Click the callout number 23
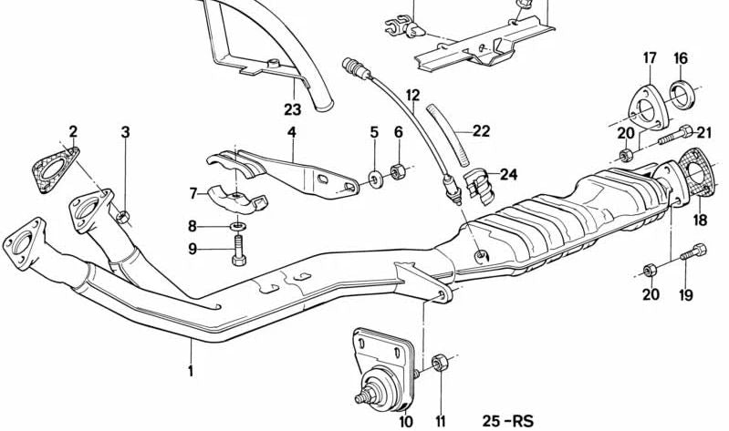tap(293, 109)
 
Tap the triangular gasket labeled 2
tap(55, 169)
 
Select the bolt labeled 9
tap(239, 250)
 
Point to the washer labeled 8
tap(238, 227)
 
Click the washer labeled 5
tap(375, 178)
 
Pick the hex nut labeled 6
tap(398, 172)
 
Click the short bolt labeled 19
tap(693, 252)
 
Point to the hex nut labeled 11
tap(440, 363)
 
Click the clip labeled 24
tap(479, 187)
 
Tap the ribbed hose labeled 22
tap(447, 135)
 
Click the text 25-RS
tap(507, 421)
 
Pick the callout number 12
tap(412, 96)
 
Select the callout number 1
tap(190, 371)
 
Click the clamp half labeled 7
tap(237, 200)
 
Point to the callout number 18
tap(700, 220)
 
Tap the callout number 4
tap(291, 132)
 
